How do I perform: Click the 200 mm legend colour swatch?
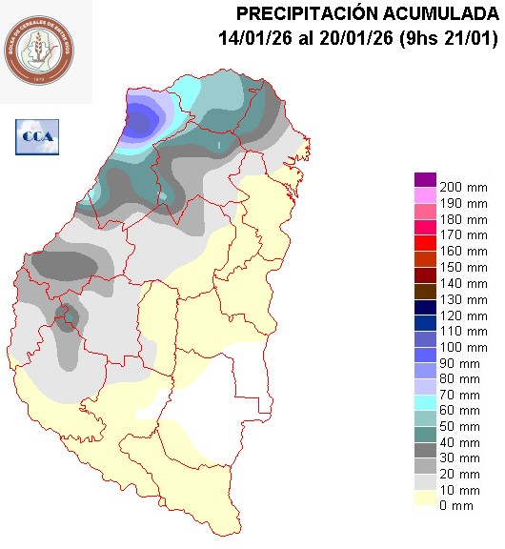tap(424, 179)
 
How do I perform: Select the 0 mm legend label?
tap(455, 505)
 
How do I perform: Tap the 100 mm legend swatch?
tap(424, 338)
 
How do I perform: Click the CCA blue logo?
tap(37, 136)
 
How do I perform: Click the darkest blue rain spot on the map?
tap(143, 121)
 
